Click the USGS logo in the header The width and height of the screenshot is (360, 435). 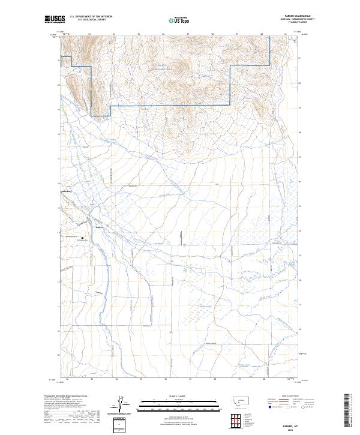55,19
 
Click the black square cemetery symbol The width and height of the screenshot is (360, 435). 83,238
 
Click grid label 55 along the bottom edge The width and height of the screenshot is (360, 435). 141,379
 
